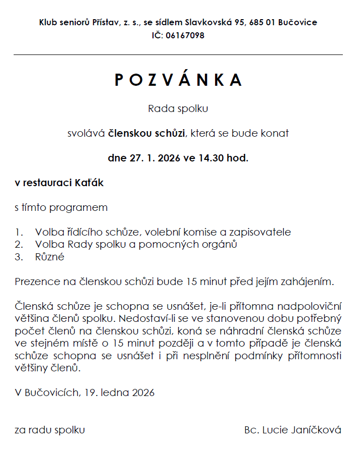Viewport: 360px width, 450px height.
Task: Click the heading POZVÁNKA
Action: (x=178, y=80)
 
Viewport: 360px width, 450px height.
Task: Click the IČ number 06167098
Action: (x=185, y=35)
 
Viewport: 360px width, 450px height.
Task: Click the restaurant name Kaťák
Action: (x=90, y=183)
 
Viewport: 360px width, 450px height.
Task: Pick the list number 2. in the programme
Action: (x=19, y=245)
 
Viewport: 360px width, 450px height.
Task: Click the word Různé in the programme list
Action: (x=49, y=257)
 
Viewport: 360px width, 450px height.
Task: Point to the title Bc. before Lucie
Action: (x=250, y=430)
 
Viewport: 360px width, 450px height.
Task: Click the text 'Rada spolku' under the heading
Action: (x=178, y=108)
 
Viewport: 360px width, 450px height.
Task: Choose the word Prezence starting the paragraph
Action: (x=36, y=281)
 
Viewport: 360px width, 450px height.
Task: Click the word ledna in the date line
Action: (x=117, y=392)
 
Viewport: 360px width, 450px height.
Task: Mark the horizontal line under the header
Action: (x=178, y=54)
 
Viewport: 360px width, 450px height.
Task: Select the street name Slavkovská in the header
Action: (x=208, y=22)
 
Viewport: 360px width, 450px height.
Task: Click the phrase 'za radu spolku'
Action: (x=49, y=430)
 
